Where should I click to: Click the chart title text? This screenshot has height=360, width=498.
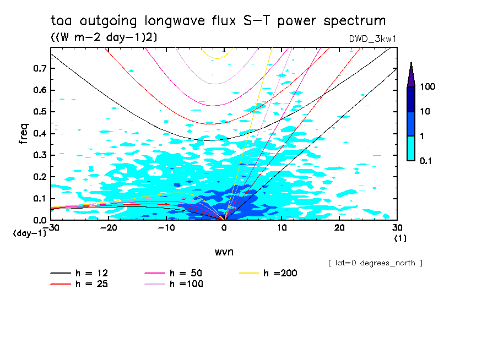pyautogui.click(x=218, y=21)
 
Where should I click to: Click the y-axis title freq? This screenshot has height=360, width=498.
pyautogui.click(x=23, y=134)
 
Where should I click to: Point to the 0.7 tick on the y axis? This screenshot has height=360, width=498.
pyautogui.click(x=40, y=68)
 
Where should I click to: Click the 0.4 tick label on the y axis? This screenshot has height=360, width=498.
pyautogui.click(x=40, y=134)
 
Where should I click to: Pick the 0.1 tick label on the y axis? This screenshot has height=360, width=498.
pyautogui.click(x=40, y=199)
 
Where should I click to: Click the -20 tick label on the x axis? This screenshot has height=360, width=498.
pyautogui.click(x=109, y=227)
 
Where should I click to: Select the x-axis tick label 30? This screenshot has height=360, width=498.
pyautogui.click(x=397, y=227)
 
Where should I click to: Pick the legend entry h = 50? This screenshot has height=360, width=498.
pyautogui.click(x=186, y=273)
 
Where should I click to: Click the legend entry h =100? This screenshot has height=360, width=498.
pyautogui.click(x=186, y=284)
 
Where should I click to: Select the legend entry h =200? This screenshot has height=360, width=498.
pyautogui.click(x=280, y=273)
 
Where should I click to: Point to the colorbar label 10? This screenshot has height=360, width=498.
pyautogui.click(x=425, y=112)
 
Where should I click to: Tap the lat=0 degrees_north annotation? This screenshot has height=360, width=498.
pyautogui.click(x=375, y=263)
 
